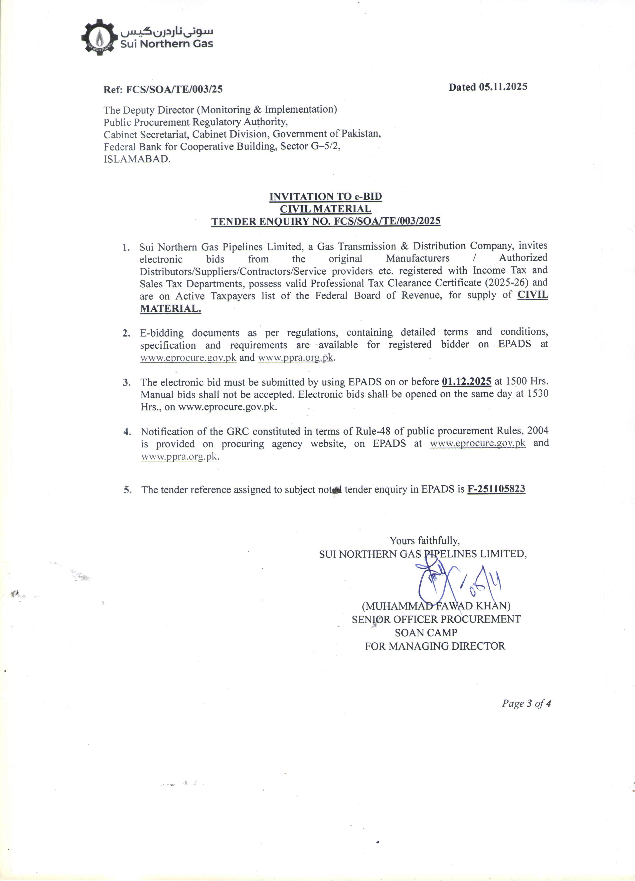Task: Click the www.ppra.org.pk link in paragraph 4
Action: (x=179, y=456)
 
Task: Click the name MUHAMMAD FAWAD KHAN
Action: (x=436, y=606)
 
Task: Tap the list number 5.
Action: (x=127, y=490)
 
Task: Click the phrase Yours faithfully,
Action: (x=425, y=540)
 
